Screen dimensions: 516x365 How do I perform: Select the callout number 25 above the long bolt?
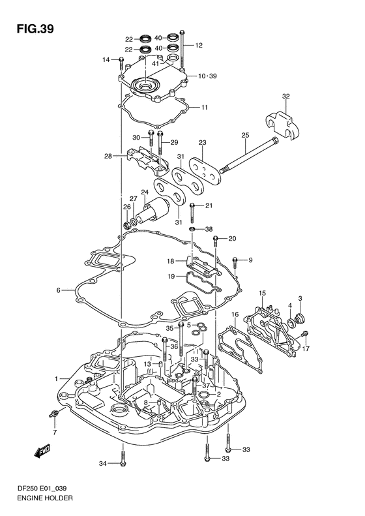click(245, 135)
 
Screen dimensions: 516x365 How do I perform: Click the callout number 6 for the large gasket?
click(58, 290)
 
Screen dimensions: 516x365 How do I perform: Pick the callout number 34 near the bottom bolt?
click(102, 464)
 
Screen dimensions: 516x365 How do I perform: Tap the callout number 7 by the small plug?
click(55, 433)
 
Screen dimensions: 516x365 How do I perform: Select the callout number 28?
click(108, 156)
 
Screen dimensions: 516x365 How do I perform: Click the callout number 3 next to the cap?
click(300, 298)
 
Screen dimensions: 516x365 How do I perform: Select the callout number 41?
click(155, 63)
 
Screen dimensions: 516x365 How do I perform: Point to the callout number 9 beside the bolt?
click(249, 261)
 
